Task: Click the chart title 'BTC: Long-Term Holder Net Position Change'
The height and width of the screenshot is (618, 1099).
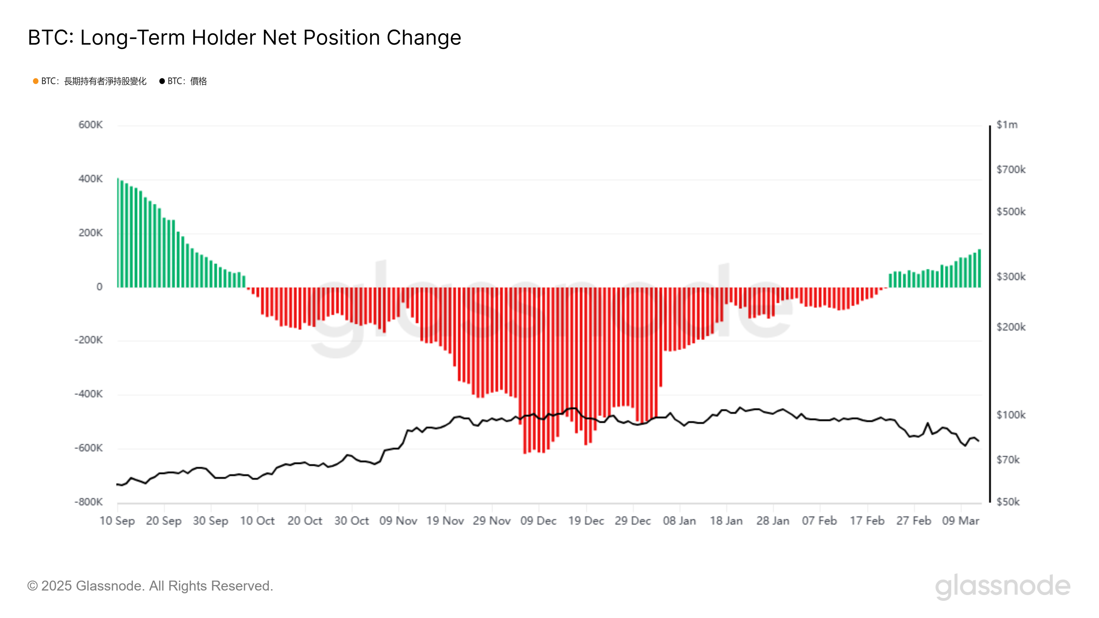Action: click(245, 37)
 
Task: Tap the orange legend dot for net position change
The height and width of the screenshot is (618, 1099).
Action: click(36, 81)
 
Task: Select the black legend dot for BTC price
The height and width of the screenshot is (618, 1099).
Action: click(162, 81)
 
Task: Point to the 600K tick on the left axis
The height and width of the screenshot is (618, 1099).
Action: click(90, 125)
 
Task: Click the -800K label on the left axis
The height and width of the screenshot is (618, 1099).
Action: click(89, 502)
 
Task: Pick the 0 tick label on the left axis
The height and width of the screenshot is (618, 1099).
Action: click(99, 287)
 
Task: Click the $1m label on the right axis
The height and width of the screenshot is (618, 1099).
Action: click(1007, 125)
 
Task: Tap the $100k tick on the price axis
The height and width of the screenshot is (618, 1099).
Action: click(1011, 415)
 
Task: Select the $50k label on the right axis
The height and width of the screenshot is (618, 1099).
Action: click(1008, 502)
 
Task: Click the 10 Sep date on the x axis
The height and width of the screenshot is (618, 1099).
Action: click(117, 521)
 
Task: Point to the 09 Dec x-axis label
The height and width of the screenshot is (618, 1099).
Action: click(539, 521)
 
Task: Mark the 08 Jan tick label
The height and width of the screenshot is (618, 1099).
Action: click(679, 521)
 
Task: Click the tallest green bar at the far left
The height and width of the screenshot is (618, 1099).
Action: click(118, 232)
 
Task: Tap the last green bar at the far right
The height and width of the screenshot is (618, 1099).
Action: click(979, 269)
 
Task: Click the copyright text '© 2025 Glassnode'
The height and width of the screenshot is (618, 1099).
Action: click(150, 586)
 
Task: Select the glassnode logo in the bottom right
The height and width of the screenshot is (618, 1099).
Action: click(1002, 586)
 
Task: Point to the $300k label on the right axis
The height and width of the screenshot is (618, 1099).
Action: click(1011, 277)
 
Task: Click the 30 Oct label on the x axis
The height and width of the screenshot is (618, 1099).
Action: click(352, 521)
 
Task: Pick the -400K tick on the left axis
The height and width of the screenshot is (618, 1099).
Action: click(89, 394)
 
